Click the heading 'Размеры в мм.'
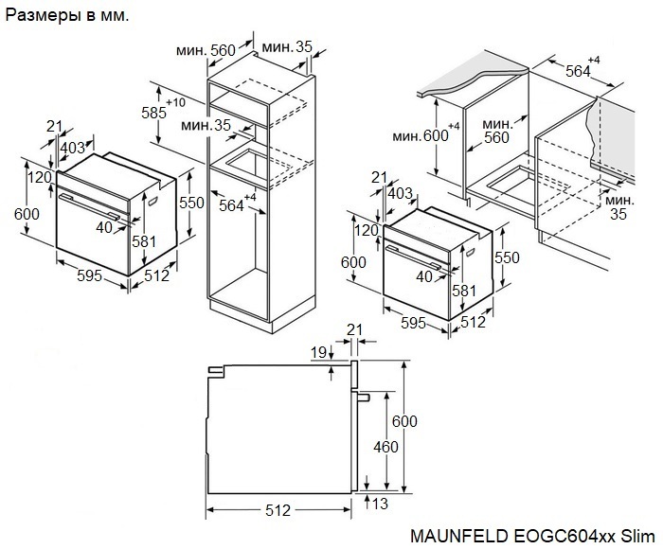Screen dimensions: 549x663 [68, 16]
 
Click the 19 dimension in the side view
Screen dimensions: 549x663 [319, 352]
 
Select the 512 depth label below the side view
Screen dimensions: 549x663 [277, 511]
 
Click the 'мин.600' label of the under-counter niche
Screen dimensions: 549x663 [424, 135]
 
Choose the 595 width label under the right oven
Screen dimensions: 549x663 [412, 323]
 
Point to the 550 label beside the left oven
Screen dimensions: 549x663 [192, 203]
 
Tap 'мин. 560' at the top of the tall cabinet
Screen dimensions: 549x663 [209, 49]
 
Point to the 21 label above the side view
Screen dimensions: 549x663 [355, 328]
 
